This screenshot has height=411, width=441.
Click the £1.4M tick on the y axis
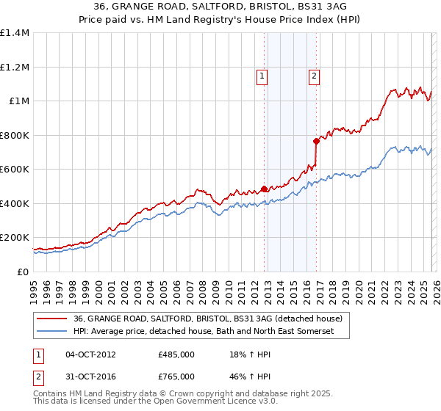[14, 33]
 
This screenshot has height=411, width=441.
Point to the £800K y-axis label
[14, 135]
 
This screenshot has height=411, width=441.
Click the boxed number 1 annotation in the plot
[262, 74]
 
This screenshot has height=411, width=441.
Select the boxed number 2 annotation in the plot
[314, 74]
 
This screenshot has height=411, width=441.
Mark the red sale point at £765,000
[316, 141]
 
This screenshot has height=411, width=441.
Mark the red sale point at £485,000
[264, 189]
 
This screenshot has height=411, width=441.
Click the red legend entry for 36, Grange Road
[207, 319]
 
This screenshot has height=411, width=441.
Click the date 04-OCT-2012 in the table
[90, 354]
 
